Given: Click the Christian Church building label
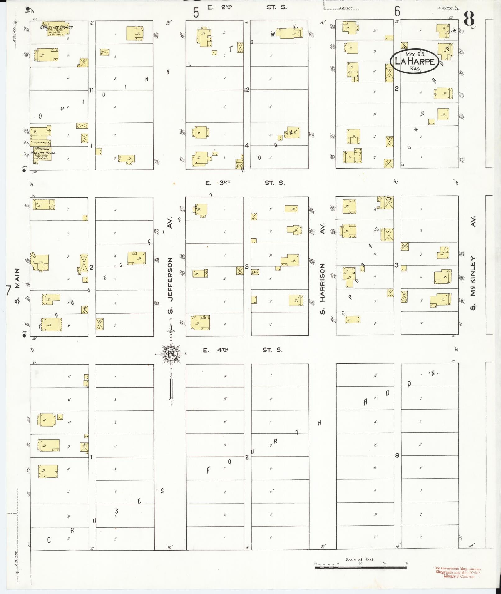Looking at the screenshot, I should [x=57, y=27].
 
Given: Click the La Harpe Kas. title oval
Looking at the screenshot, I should [x=414, y=61].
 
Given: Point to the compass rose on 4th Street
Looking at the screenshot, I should [x=171, y=354].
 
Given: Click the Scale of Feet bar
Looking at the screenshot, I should [x=361, y=568].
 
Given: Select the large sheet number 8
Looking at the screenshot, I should [x=469, y=19].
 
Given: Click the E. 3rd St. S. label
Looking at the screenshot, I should [x=244, y=183].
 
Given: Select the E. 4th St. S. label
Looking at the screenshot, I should [x=243, y=350].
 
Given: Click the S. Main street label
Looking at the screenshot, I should [x=17, y=286].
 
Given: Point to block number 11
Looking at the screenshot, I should [x=91, y=90].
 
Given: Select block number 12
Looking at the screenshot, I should [x=247, y=90].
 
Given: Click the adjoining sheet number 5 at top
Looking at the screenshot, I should [x=196, y=13].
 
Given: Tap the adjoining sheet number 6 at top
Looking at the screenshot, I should [x=397, y=11].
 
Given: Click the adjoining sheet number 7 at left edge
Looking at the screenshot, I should [x=8, y=291].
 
